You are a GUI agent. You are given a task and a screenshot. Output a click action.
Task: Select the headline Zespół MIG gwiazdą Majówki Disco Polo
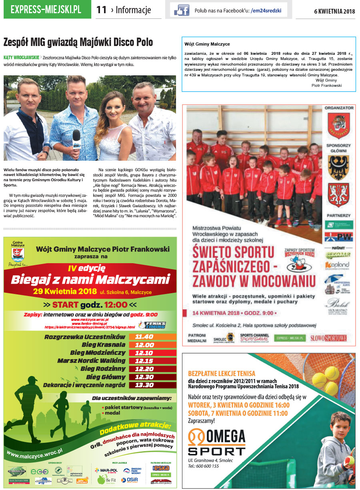tap(78, 42)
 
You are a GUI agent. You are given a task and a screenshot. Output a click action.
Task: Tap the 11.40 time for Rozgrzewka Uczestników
tap(144, 337)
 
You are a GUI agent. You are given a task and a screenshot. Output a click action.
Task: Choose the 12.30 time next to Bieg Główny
tap(144, 377)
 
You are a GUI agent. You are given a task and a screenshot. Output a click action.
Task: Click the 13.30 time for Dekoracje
tap(144, 385)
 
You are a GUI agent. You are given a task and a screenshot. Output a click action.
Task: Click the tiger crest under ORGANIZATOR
tap(338, 125)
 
